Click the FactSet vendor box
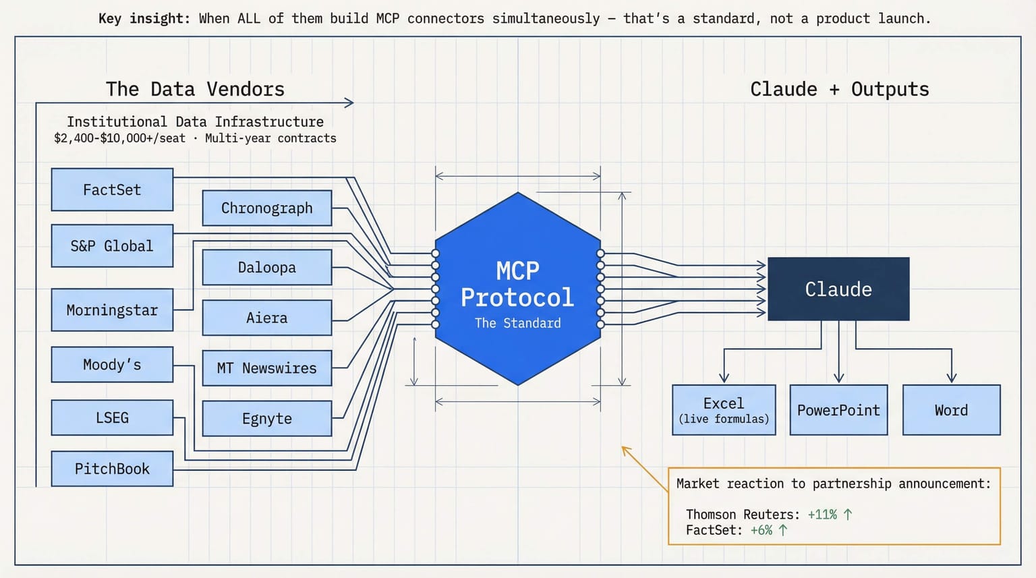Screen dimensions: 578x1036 click(x=112, y=190)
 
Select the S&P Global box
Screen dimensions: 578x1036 click(x=112, y=246)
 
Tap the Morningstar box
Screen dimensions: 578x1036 click(x=112, y=310)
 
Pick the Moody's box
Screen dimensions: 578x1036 click(x=112, y=365)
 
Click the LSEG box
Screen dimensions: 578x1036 click(x=112, y=418)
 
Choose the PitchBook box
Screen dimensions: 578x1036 click(x=112, y=469)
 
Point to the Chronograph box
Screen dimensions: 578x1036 click(x=267, y=208)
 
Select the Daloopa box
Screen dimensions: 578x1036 click(x=267, y=267)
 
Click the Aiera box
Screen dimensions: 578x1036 click(x=267, y=318)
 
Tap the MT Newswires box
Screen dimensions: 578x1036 click(x=267, y=368)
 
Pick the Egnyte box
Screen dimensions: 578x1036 click(x=267, y=419)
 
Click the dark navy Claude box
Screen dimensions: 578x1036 click(x=838, y=289)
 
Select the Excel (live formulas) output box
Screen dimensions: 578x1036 click(x=724, y=410)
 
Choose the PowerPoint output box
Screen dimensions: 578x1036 click(x=838, y=410)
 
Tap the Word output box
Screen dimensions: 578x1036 click(x=951, y=410)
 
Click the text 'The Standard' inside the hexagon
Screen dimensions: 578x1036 click(x=517, y=323)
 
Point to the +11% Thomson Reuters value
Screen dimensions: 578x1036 click(x=822, y=515)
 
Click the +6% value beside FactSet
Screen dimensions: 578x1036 click(x=761, y=531)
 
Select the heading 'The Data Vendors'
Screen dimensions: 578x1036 click(x=195, y=89)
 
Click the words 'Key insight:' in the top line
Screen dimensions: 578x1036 click(x=144, y=19)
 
